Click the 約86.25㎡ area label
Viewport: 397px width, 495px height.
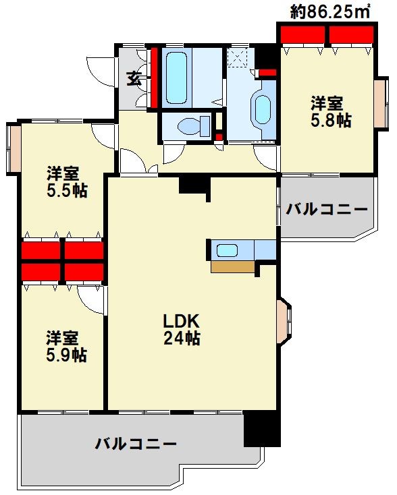[x=330, y=12]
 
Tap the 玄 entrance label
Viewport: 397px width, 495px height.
[x=134, y=79]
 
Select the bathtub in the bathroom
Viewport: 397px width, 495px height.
[x=176, y=78]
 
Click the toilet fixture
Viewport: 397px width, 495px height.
[x=194, y=126]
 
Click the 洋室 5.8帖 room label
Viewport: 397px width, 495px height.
[x=331, y=112]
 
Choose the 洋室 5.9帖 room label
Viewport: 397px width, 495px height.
[x=67, y=347]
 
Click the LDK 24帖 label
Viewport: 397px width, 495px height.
[x=182, y=330]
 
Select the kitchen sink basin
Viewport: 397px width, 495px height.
[x=227, y=251]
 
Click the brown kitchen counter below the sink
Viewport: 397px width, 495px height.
[x=233, y=267]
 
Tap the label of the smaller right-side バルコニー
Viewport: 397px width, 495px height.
[x=327, y=209]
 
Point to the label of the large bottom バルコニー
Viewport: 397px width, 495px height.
[x=136, y=444]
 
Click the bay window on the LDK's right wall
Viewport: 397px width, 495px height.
[x=283, y=322]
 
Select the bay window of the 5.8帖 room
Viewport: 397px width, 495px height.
[x=381, y=103]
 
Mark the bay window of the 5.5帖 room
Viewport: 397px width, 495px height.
[x=14, y=148]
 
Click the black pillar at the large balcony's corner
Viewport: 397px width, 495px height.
[x=262, y=429]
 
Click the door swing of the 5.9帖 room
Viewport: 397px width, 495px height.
[x=90, y=300]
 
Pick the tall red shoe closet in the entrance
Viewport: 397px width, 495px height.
[x=154, y=78]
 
